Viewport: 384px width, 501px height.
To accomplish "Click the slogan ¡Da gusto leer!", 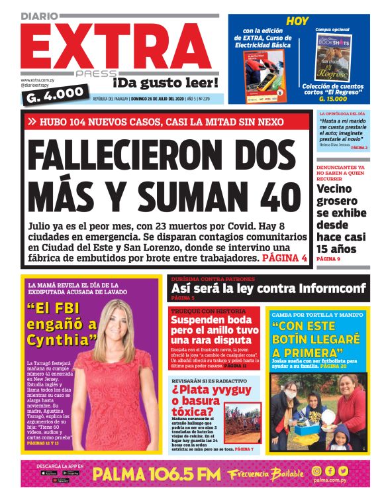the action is pyautogui.click(x=165, y=82).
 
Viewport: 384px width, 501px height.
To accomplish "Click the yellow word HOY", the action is pyautogui.click(x=298, y=21).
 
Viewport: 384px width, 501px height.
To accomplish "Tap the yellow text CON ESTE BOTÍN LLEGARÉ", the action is pyautogui.click(x=317, y=339).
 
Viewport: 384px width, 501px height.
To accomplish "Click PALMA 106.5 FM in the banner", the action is pyautogui.click(x=156, y=473).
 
